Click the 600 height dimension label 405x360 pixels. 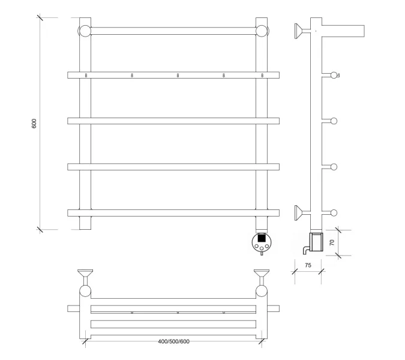(x=34, y=124)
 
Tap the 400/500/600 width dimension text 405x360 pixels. (x=173, y=341)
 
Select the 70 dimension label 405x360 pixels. (x=332, y=242)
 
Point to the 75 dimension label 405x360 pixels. (x=308, y=265)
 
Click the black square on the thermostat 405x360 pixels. (x=262, y=238)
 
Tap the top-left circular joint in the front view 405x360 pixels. (x=85, y=31)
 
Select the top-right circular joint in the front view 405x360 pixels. (x=262, y=31)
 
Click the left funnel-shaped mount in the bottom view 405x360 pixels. (x=85, y=277)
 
